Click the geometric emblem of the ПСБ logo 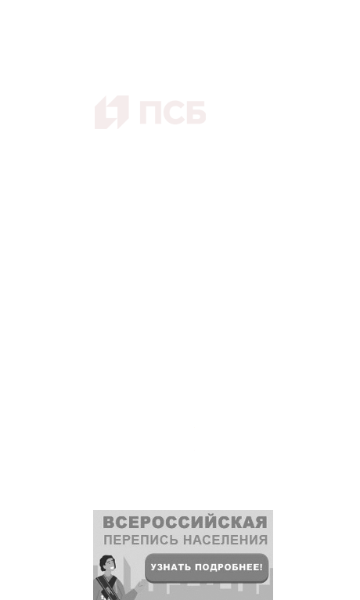tap(111, 112)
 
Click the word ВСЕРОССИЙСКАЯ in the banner tap(185, 523)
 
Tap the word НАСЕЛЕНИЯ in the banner tap(225, 541)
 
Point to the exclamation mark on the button tap(261, 567)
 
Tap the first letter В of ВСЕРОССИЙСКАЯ tap(109, 523)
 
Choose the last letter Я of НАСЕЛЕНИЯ tap(263, 541)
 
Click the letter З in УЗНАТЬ tap(160, 567)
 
